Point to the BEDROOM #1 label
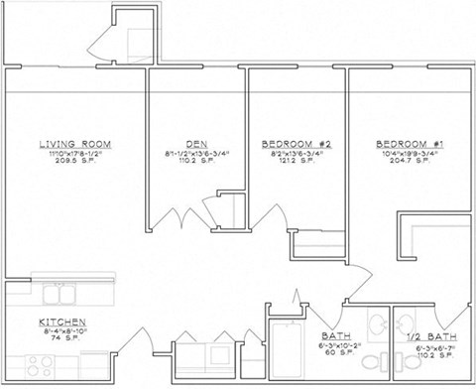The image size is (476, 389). [409, 143]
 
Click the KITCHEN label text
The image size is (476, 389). [61, 323]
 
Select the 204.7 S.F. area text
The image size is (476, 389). [409, 160]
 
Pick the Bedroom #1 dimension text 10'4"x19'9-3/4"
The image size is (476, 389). [409, 152]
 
